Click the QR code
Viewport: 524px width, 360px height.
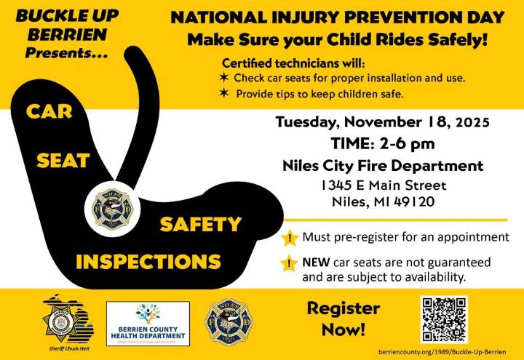[x=444, y=320]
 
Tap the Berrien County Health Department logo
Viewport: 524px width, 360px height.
[x=148, y=324]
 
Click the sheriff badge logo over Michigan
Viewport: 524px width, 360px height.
[x=66, y=318]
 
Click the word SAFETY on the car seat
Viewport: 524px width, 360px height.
[x=200, y=225]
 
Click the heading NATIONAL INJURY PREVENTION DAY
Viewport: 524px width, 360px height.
[x=337, y=17]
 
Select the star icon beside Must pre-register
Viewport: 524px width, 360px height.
[x=290, y=238]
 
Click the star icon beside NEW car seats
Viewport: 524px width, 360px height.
[x=290, y=264]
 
